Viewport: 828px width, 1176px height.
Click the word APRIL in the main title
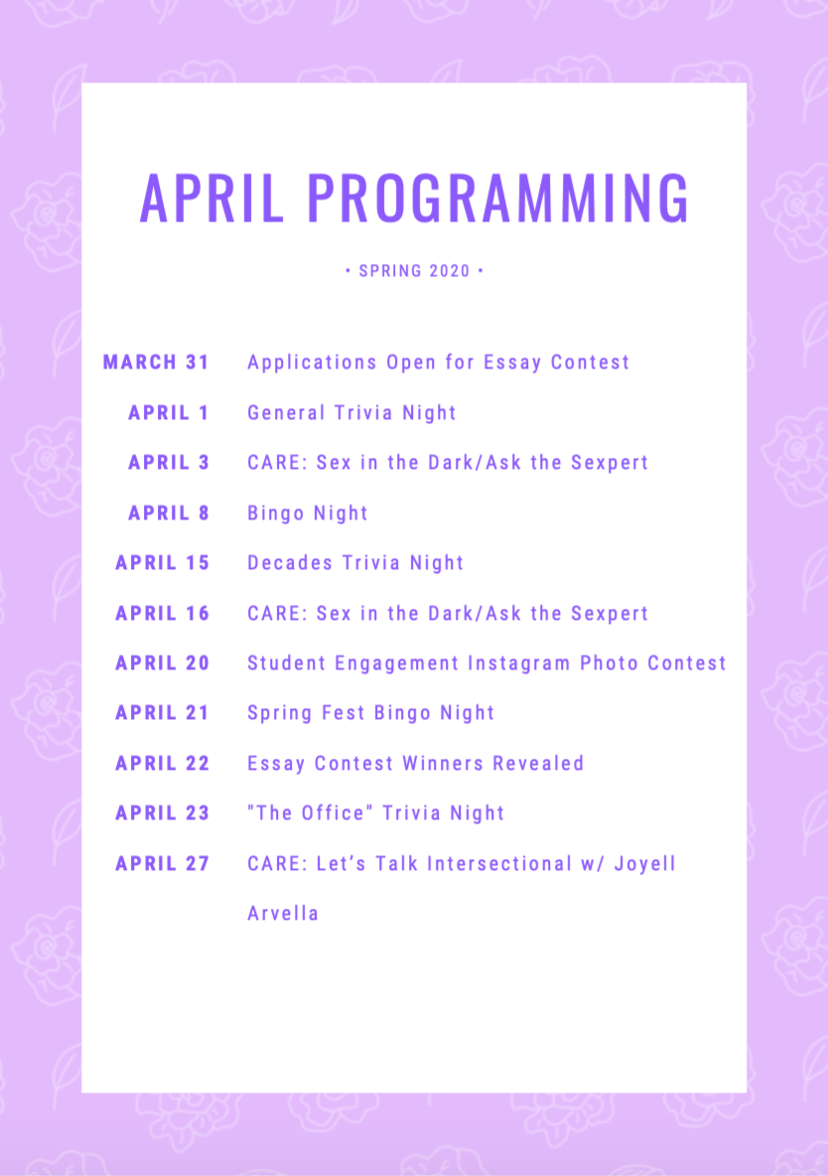pos(212,198)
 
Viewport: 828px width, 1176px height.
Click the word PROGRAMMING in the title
pos(498,198)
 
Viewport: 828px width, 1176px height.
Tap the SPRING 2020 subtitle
pos(414,271)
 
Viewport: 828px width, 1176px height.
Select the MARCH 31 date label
pos(156,363)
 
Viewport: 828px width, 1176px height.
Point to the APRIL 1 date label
pos(169,412)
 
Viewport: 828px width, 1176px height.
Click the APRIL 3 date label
pos(169,463)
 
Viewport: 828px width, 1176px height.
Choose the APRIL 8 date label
pos(169,513)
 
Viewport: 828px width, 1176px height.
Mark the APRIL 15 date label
pos(162,563)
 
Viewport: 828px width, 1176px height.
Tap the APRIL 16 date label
pos(162,614)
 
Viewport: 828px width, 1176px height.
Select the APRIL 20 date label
pos(162,663)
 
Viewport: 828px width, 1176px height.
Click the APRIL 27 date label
pos(162,864)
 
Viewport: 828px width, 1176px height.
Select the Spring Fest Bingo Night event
pos(371,714)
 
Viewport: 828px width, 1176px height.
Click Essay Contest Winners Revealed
pos(416,764)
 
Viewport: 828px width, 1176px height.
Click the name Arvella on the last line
pos(283,914)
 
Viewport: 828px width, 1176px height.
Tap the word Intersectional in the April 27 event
pos(499,864)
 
